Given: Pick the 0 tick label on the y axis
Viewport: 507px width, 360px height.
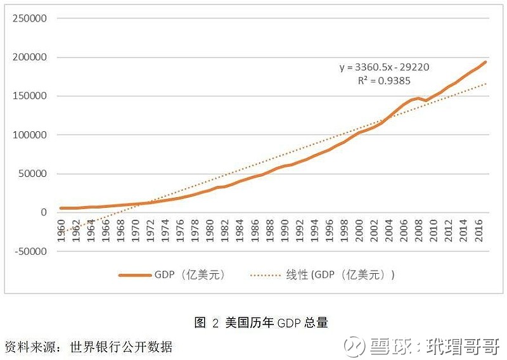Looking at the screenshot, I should [44, 212].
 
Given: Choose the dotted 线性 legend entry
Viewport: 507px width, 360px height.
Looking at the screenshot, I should [323, 275].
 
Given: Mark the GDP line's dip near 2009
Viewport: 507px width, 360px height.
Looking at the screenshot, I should [425, 100].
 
